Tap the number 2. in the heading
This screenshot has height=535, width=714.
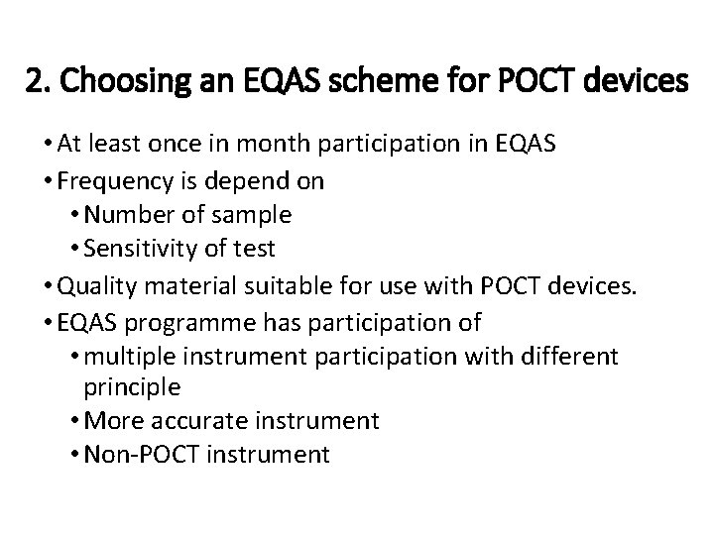point(39,82)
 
